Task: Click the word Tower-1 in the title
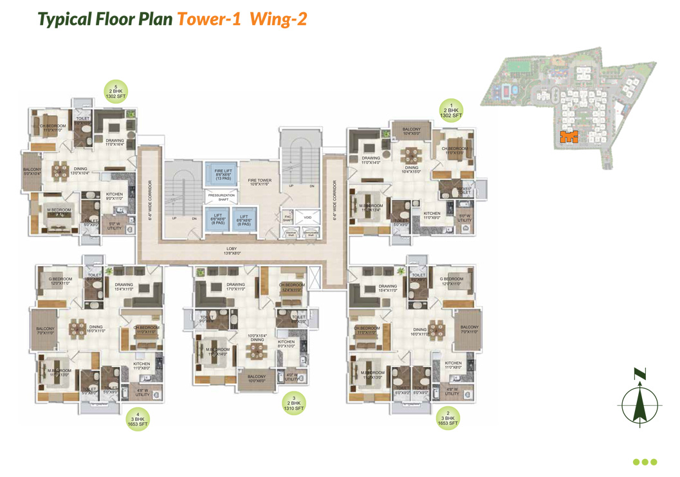coord(208,19)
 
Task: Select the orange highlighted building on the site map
coord(569,136)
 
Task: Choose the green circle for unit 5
coord(115,89)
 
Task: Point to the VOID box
coord(308,218)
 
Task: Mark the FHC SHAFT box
coord(288,219)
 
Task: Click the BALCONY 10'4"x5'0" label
coord(411,131)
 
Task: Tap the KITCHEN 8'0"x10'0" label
coord(286,344)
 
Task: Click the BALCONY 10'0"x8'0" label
coord(256,379)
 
